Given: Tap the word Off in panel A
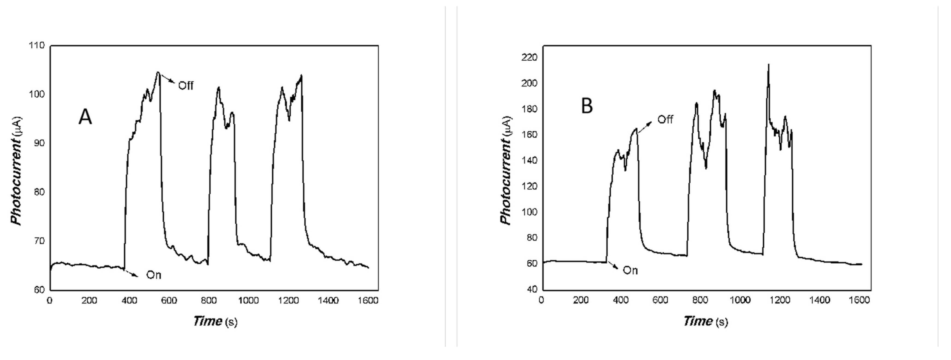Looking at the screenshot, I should pyautogui.click(x=186, y=86).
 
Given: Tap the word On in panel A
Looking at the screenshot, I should pyautogui.click(x=154, y=275).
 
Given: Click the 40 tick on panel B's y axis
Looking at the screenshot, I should pyautogui.click(x=532, y=289).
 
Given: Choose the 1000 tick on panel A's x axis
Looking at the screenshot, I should pyautogui.click(x=248, y=300).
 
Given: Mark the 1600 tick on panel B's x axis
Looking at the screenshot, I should pyautogui.click(x=859, y=300).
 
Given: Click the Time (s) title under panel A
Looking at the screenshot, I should pyautogui.click(x=215, y=321).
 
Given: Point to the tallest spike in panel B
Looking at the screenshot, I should pyautogui.click(x=769, y=75).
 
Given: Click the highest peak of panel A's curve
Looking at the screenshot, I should pyautogui.click(x=158, y=72).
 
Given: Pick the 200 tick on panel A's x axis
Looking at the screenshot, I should pyautogui.click(x=89, y=300).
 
